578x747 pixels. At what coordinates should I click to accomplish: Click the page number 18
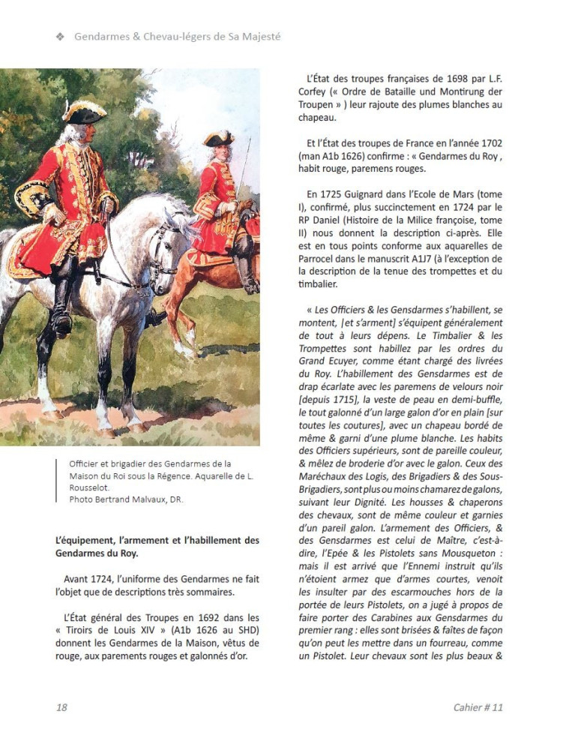pyautogui.click(x=61, y=707)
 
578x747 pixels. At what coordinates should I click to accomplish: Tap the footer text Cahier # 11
pyautogui.click(x=478, y=707)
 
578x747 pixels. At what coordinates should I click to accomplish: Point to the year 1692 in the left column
pyautogui.click(x=202, y=617)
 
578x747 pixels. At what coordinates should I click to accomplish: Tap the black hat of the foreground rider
pyautogui.click(x=84, y=112)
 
